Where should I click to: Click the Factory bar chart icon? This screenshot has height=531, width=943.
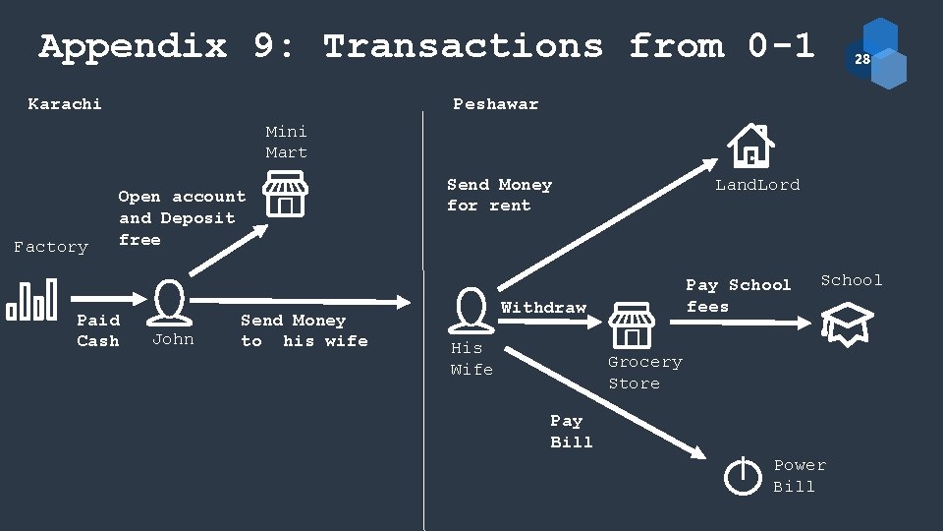32,300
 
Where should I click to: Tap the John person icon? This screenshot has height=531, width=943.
172,302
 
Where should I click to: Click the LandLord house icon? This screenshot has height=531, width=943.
750,147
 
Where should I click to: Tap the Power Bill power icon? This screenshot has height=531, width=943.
743,477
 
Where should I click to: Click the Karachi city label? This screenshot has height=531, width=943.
65,103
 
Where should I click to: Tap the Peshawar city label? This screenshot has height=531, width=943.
495,103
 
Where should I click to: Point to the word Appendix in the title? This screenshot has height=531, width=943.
132,46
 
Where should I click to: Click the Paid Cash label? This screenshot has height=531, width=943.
98,330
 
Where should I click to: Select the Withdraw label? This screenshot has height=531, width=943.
543,308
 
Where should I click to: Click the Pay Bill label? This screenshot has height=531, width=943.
571,431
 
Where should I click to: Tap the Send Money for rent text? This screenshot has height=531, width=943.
499,195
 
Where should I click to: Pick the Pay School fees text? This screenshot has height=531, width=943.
738,295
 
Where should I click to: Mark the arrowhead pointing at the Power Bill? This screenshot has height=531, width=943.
697,452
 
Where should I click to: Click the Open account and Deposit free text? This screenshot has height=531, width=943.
182,218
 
